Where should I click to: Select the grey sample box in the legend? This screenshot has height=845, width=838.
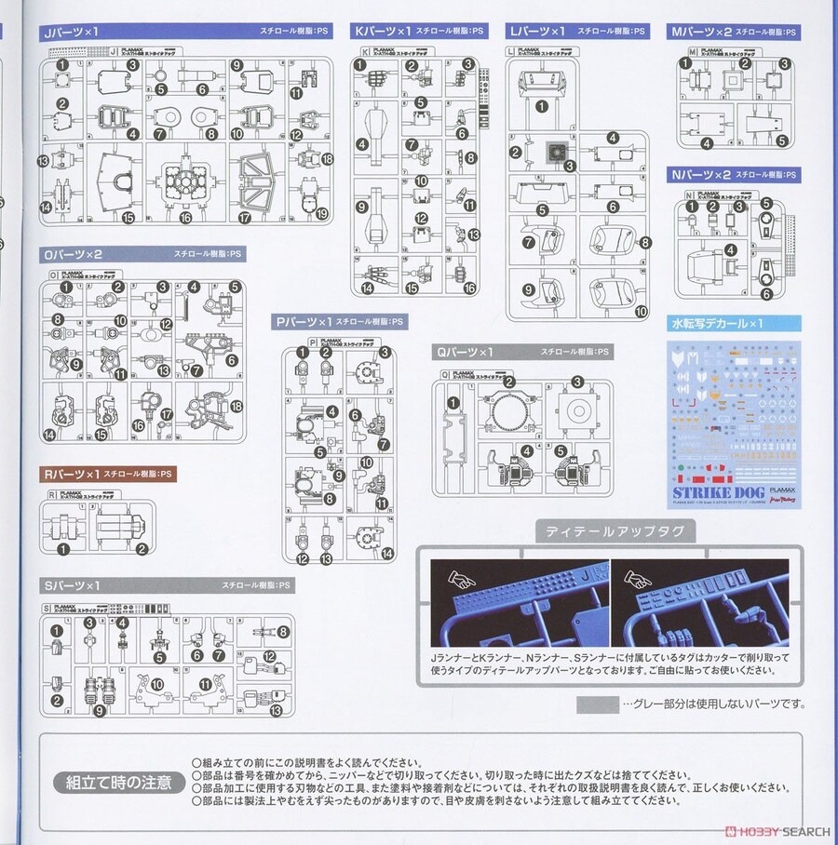597,704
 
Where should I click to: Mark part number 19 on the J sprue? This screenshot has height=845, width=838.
322,214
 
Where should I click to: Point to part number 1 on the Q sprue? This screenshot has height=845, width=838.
453,402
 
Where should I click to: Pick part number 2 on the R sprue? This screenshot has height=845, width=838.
142,549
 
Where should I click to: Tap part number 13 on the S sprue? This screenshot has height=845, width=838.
275,711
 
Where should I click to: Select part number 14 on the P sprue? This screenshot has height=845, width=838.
386,553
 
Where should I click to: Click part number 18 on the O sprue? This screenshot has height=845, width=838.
237,407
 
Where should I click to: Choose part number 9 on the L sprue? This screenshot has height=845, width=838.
528,289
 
